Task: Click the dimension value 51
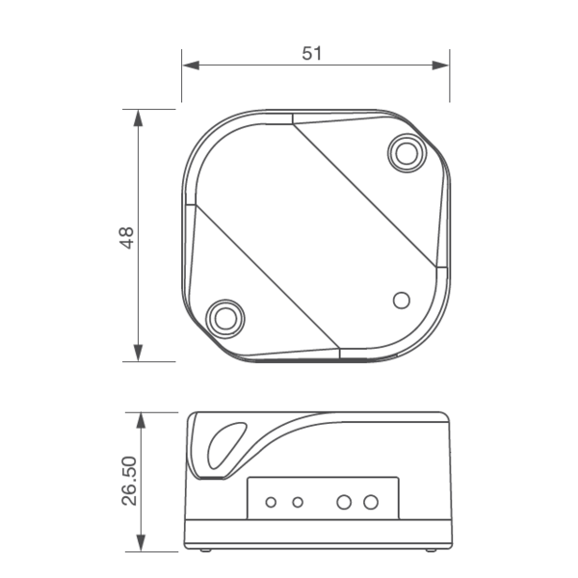tap(311, 53)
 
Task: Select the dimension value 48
tap(127, 237)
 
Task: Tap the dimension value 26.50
tap(128, 481)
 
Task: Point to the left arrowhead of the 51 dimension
tap(190, 66)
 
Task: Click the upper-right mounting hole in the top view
tap(407, 152)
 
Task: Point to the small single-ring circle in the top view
tap(402, 300)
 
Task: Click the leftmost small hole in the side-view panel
tap(272, 502)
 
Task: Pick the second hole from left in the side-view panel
tap(298, 502)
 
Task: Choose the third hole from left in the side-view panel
tap(344, 502)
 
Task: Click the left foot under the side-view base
tap(205, 550)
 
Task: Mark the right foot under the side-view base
tap(429, 550)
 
